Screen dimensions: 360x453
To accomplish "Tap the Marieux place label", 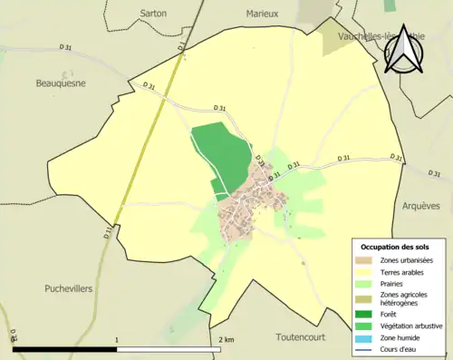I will coord(263,14).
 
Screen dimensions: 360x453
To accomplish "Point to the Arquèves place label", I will coord(419,206).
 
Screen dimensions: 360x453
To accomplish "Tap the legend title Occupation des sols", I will coord(395,247).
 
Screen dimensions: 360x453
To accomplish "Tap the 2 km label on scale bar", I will coord(226,339).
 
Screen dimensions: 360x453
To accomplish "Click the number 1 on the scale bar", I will coord(117,339).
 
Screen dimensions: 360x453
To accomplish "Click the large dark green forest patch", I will coord(221,154).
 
